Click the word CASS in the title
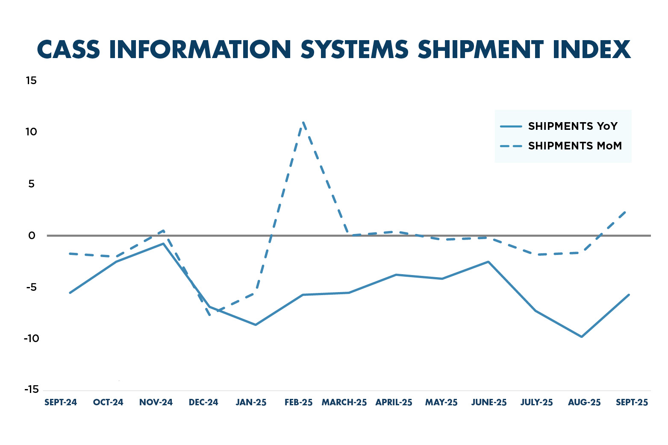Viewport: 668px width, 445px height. click(x=69, y=50)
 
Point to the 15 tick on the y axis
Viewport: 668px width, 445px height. click(x=31, y=81)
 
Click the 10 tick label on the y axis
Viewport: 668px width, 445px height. click(x=31, y=132)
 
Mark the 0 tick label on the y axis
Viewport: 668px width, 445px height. click(x=32, y=236)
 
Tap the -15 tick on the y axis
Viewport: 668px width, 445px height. click(x=31, y=390)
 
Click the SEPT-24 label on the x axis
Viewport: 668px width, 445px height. click(x=61, y=403)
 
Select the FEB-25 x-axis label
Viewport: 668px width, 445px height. click(x=299, y=403)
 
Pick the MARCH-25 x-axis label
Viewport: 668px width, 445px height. click(x=344, y=403)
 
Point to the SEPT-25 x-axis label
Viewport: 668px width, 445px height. click(x=632, y=403)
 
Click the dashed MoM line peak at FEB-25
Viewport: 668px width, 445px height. click(x=303, y=123)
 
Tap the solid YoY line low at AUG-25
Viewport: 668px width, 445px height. click(x=582, y=337)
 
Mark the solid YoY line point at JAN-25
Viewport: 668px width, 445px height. click(x=256, y=325)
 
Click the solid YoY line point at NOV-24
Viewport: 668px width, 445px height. click(x=163, y=243)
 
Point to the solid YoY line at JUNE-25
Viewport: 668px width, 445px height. click(x=488, y=261)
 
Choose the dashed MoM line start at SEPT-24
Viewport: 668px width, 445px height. click(x=70, y=254)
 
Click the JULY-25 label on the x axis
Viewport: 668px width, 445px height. click(x=536, y=403)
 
